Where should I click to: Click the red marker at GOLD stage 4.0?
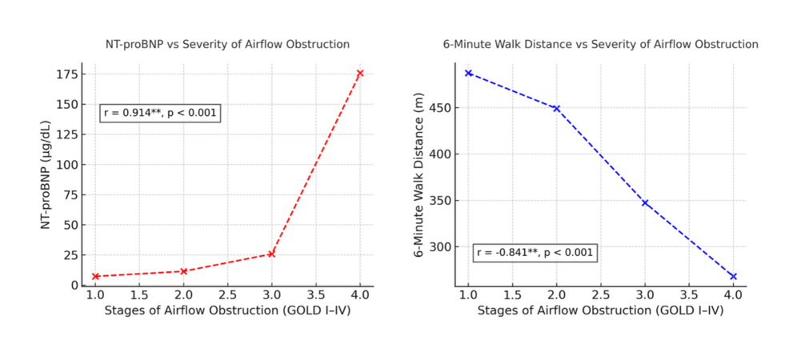tap(360, 73)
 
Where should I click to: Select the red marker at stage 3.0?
tap(272, 254)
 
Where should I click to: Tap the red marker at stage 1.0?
tap(95, 276)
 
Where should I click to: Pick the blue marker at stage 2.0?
tap(556, 108)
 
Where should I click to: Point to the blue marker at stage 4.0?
tap(732, 276)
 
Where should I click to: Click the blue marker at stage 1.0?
tap(468, 73)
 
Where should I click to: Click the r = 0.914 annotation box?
tap(160, 113)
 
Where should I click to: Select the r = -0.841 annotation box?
tap(535, 253)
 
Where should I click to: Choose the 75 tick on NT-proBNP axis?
tap(70, 195)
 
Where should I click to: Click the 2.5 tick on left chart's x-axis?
tap(228, 294)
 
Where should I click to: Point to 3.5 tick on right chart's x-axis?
tap(688, 294)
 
